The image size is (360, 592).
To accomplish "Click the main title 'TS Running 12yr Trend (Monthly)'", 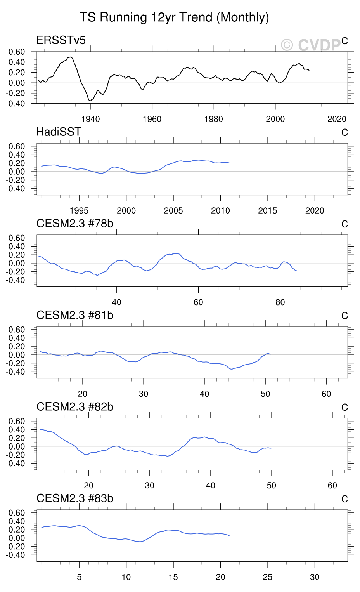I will click(174, 17).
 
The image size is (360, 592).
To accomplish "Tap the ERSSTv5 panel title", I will click(61, 40).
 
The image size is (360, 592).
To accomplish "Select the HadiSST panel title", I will click(59, 132).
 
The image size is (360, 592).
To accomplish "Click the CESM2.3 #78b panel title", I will click(75, 224).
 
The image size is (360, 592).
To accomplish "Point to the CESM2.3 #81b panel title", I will click(75, 315).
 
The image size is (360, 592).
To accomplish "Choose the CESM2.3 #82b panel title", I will click(75, 407).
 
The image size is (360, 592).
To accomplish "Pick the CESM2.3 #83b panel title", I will click(75, 498).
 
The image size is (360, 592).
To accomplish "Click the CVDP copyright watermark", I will click(311, 45).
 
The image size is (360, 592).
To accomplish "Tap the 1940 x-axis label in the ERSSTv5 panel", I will click(90, 119).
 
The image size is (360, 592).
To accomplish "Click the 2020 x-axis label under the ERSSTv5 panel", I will click(337, 119).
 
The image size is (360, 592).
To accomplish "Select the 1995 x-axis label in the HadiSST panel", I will click(79, 211).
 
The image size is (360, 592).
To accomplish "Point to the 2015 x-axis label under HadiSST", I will click(268, 211).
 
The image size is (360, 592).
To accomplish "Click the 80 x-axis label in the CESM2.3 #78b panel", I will click(280, 302).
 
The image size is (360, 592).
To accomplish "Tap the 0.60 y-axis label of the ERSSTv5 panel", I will click(17, 52).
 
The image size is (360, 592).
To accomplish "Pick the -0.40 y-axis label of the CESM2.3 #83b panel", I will click(16, 556).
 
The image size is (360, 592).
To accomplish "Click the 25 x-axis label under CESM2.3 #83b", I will click(268, 577).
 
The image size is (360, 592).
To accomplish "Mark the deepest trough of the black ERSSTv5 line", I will click(90, 101).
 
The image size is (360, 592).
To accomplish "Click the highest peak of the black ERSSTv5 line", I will click(70, 57).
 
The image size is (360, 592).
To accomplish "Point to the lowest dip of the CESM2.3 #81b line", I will click(232, 369).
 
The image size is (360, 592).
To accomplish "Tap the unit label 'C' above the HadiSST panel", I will click(344, 133).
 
